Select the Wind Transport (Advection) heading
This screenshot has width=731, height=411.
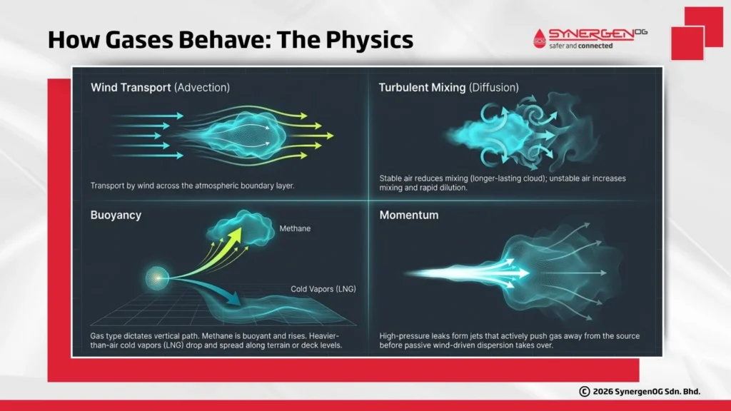pyautogui.click(x=160, y=88)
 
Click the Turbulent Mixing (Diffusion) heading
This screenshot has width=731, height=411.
pyautogui.click(x=448, y=88)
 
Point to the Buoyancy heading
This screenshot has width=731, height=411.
pyautogui.click(x=116, y=215)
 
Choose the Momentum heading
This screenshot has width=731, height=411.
pyautogui.click(x=409, y=215)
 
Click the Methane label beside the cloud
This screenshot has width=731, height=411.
pyautogui.click(x=295, y=229)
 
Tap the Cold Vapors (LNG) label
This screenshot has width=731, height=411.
pyautogui.click(x=323, y=289)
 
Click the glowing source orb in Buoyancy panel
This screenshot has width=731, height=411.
pyautogui.click(x=155, y=278)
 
